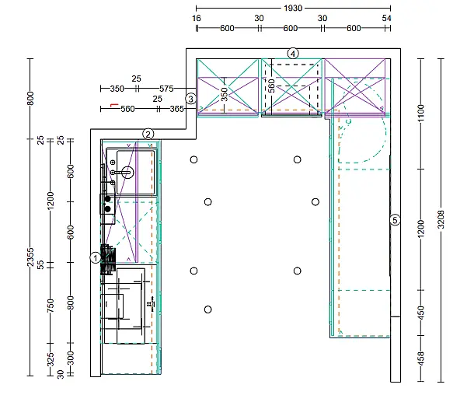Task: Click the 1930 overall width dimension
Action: point(293,8)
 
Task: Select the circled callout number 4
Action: point(293,54)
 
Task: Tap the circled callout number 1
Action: point(96,258)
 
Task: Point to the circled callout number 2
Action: point(148,134)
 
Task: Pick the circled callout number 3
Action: point(190,99)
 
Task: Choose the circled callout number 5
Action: point(395,220)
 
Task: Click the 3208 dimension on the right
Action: point(441,219)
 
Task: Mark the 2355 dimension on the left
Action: point(30,257)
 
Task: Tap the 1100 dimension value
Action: point(421,113)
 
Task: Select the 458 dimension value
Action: point(421,358)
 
